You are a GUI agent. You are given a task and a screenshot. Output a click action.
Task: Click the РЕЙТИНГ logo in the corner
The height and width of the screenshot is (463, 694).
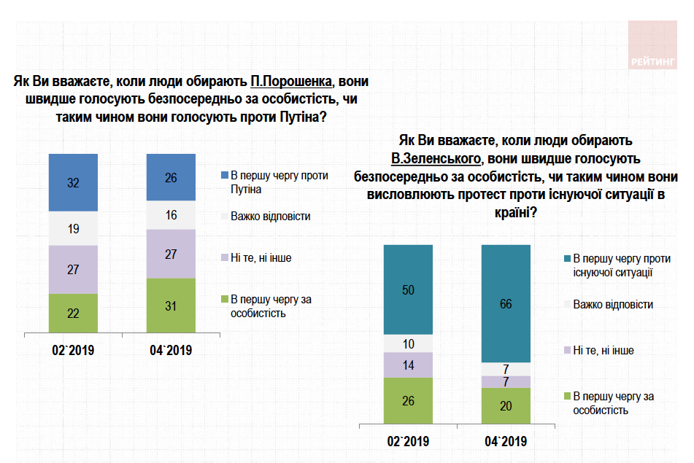(x=653, y=45)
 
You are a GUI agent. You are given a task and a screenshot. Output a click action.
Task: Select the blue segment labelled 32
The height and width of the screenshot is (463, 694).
(x=73, y=183)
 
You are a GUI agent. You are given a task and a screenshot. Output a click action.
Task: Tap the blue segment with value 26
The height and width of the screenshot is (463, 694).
(x=171, y=177)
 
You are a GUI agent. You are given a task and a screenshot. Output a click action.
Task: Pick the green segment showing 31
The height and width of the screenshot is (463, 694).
(x=171, y=306)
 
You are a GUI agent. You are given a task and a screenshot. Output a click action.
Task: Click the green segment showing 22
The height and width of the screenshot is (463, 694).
(x=73, y=313)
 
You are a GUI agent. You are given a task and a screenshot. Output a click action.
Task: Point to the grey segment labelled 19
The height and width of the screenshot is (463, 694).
(x=73, y=229)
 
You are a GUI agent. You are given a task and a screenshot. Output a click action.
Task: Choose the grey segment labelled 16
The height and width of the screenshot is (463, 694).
(x=171, y=215)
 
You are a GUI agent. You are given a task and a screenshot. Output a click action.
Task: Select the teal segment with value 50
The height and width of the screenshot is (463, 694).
(x=409, y=289)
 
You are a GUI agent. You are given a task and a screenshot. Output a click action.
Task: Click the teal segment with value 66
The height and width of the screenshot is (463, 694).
(x=506, y=303)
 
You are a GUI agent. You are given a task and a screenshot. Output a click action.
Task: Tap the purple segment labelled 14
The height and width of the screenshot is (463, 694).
(x=409, y=365)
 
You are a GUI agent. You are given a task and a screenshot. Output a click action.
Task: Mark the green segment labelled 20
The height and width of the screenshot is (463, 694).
(x=506, y=405)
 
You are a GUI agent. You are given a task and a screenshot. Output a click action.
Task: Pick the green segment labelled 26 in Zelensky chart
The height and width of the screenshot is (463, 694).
(x=409, y=400)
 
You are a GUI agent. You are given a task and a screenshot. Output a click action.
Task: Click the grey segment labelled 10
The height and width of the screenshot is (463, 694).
(x=409, y=343)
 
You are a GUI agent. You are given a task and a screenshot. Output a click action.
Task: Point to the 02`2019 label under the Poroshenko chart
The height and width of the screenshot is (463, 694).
(x=73, y=351)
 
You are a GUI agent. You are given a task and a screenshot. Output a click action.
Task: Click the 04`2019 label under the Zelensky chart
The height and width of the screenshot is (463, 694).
(x=506, y=442)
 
